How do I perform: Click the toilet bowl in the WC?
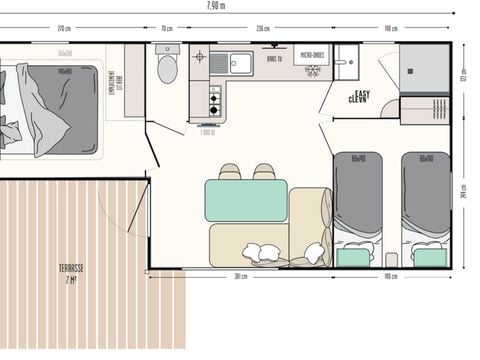pos(167,68)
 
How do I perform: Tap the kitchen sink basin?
pos(240,64)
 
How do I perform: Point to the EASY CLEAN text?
pos(358,97)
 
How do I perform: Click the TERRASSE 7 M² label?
pos(71,272)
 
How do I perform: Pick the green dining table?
pos(246,200)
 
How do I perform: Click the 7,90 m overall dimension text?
pos(244,6)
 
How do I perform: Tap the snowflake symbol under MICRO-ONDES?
pos(311,71)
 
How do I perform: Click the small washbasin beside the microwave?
pos(346,62)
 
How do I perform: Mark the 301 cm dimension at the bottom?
pos(240,278)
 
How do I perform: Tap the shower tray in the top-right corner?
pos(424,69)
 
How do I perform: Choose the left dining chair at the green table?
pos(230,172)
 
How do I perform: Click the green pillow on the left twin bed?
pos(352,258)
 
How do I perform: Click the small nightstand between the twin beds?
pos(391,259)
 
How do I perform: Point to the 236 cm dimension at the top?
pos(262,29)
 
